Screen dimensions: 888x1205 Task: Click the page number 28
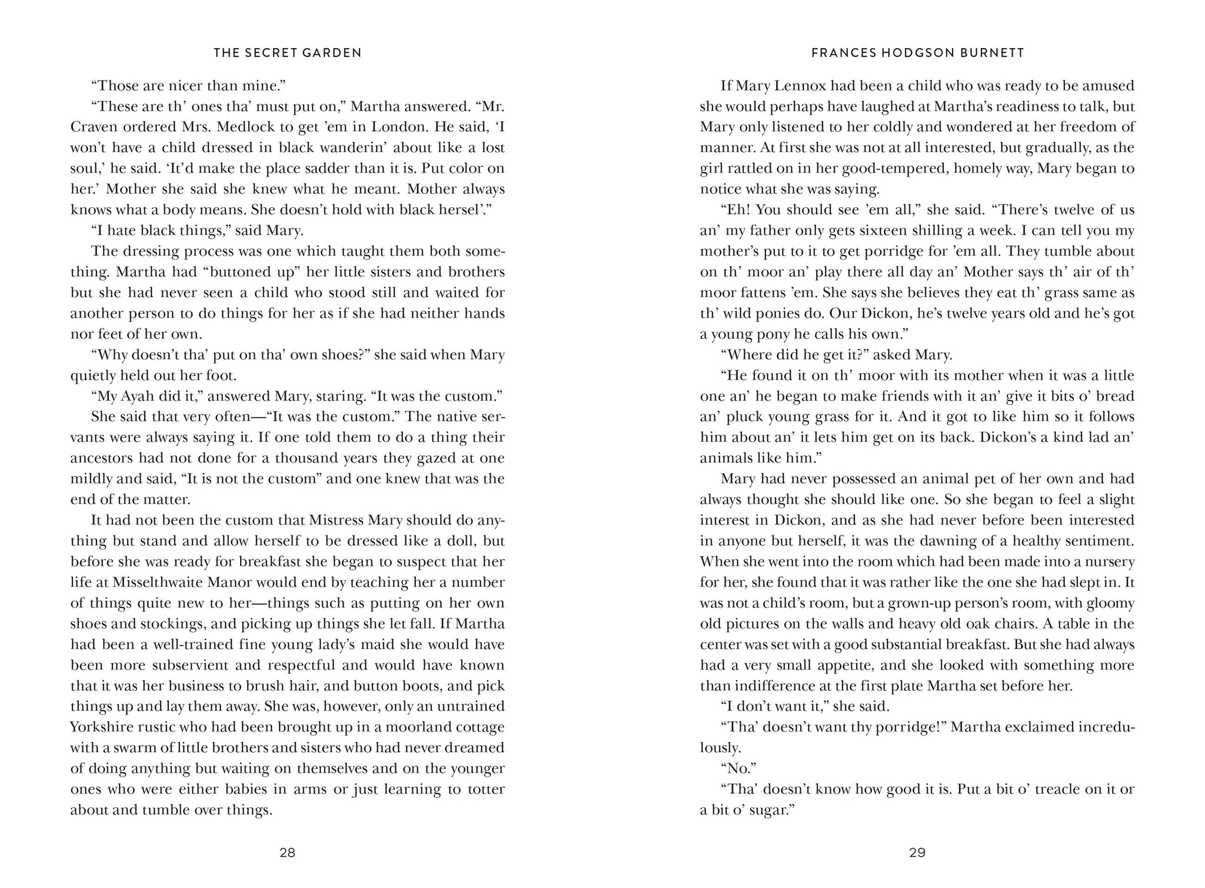(287, 853)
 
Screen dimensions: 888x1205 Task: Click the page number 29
(917, 853)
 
